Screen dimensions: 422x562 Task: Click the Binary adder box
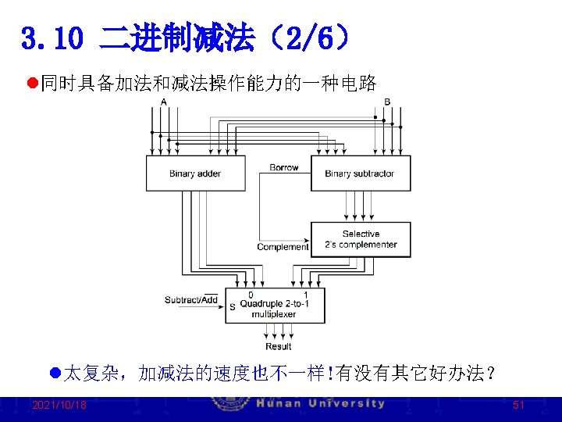coord(195,173)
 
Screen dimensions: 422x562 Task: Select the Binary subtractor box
coord(360,173)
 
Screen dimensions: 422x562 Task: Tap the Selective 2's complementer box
coord(360,239)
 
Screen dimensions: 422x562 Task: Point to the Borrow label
coord(284,167)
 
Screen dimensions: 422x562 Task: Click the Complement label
coord(283,247)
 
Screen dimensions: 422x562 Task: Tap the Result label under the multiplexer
coord(278,346)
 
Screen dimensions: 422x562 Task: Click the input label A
coord(163,102)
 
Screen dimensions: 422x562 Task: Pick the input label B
coord(387,102)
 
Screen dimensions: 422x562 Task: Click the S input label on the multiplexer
coord(232,307)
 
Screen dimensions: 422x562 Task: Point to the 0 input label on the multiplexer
coord(250,295)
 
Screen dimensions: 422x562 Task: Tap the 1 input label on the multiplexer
coord(305,295)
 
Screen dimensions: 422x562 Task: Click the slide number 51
coord(518,405)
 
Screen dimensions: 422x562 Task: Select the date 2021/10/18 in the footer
coord(59,405)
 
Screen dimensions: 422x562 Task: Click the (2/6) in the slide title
coord(307,38)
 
